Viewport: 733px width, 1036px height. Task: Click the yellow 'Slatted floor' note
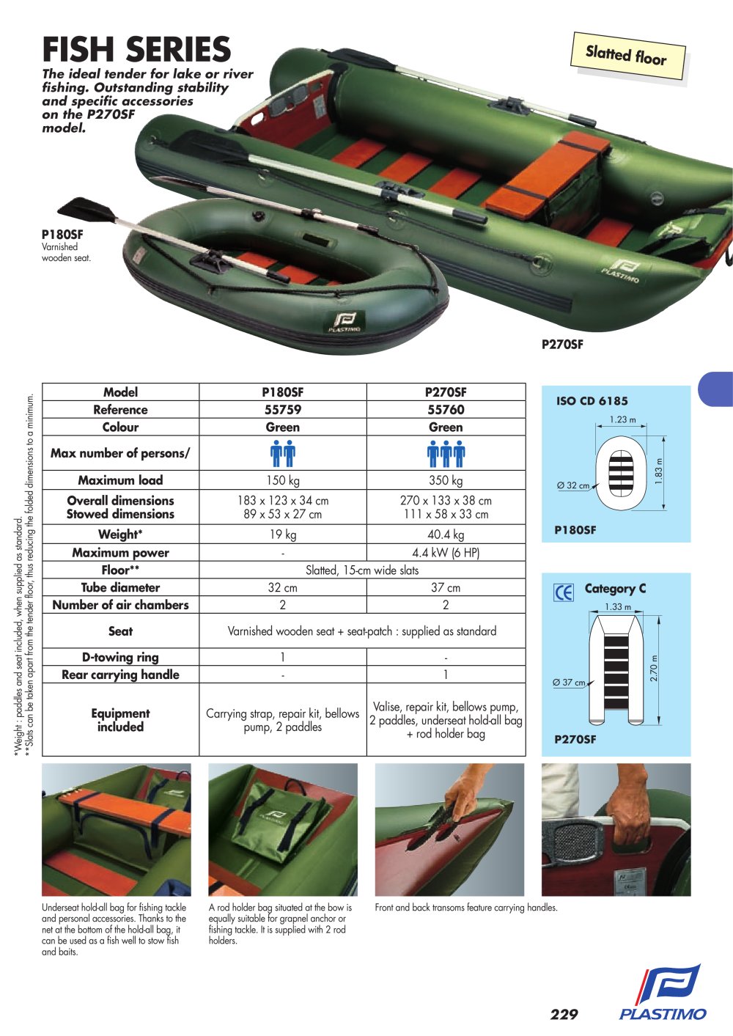629,56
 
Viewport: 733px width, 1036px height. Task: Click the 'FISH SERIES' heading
136,48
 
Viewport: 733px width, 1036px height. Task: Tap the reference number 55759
283,410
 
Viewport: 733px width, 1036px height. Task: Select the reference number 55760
446,410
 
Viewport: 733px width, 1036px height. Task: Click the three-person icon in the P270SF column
446,454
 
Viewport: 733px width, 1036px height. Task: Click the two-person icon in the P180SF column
283,454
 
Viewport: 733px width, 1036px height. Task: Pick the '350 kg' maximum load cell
446,480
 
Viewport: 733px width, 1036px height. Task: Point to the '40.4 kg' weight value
446,534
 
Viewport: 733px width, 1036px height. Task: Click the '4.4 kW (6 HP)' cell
446,553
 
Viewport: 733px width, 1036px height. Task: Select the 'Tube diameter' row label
120,587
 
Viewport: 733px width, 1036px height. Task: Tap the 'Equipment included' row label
120,720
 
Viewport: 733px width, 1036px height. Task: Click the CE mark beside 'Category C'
563,592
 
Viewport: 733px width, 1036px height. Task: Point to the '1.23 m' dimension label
622,419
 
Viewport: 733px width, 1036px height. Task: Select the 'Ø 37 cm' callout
570,683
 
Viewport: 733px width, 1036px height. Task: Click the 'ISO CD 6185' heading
592,401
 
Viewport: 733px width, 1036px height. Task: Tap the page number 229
564,1014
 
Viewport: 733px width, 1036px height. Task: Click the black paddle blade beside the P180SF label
87,210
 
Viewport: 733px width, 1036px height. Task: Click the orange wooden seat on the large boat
547,171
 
